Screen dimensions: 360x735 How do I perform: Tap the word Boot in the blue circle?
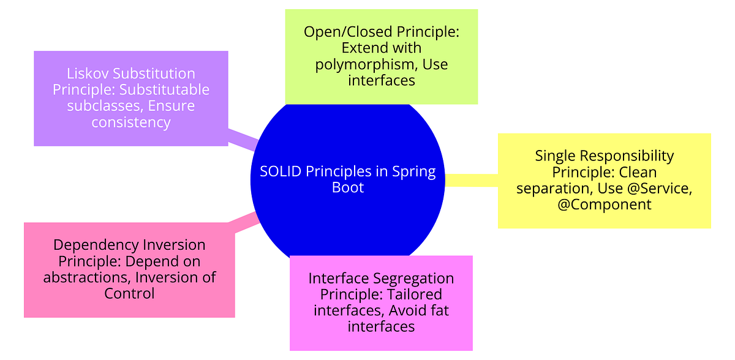click(x=348, y=187)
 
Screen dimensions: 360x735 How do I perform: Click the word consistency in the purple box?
click(x=131, y=122)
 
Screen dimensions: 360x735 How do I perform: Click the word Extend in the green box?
click(x=364, y=48)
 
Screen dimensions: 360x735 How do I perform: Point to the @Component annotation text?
click(x=605, y=204)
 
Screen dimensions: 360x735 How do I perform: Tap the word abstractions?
click(x=86, y=277)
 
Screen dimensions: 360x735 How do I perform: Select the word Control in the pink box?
click(x=129, y=293)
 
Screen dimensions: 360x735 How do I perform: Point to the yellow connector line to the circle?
click(x=472, y=180)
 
